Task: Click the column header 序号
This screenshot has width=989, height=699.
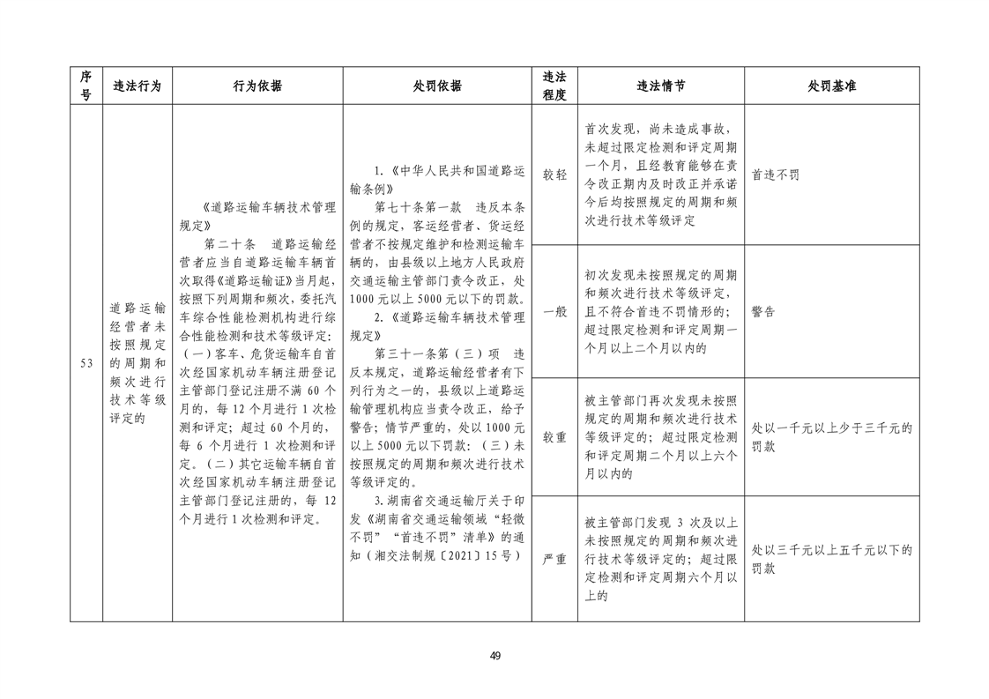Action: [86, 86]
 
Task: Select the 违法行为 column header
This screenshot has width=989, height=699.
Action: [138, 86]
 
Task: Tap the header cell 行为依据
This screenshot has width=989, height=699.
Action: [257, 86]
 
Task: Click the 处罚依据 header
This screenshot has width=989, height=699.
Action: [437, 86]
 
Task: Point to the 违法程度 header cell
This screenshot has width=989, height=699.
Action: [554, 86]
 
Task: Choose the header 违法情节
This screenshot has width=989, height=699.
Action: [660, 86]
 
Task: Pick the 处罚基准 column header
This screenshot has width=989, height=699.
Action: [831, 86]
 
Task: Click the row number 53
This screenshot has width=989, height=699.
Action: [86, 364]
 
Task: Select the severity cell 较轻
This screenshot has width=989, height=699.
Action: [554, 175]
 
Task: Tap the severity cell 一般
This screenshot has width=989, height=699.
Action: [554, 311]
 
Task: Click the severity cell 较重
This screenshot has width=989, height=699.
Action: [554, 436]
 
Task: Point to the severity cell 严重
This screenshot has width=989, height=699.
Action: [554, 559]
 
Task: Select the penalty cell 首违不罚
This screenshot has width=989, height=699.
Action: [776, 175]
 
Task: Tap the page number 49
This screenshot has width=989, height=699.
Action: [494, 656]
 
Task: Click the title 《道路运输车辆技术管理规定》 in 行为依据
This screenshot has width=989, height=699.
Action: [257, 216]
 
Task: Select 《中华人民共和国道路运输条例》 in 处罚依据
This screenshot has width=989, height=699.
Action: [437, 178]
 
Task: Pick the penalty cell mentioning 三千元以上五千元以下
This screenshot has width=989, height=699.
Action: [831, 559]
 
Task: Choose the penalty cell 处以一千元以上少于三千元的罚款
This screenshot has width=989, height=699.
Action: [831, 436]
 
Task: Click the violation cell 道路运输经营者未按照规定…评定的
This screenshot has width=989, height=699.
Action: [138, 363]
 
